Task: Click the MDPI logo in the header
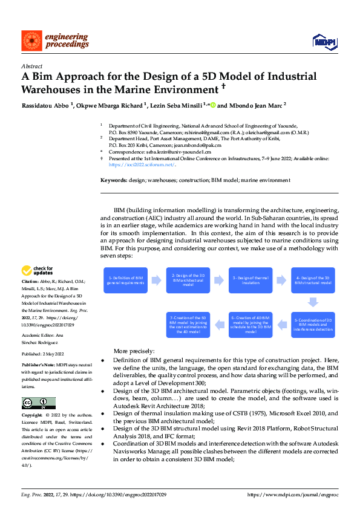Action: coord(326,41)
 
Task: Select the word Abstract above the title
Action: coord(31,66)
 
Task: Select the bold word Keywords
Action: coord(113,181)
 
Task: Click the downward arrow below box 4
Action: coord(312,302)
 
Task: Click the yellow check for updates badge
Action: coord(37,270)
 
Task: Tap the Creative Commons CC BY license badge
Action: coord(38,403)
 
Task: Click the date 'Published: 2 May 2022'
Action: coord(42,354)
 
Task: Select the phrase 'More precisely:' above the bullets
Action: coord(134,351)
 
